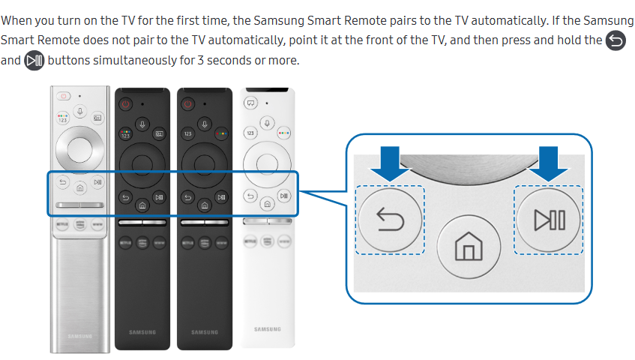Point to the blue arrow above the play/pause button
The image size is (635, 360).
[x=550, y=163]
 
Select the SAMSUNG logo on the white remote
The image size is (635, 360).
[x=267, y=329]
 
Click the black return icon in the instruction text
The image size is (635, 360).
[x=615, y=40]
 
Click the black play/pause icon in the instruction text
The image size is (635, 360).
[x=34, y=60]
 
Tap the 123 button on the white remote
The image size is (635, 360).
[x=250, y=132]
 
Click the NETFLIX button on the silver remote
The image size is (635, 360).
[x=62, y=223]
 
